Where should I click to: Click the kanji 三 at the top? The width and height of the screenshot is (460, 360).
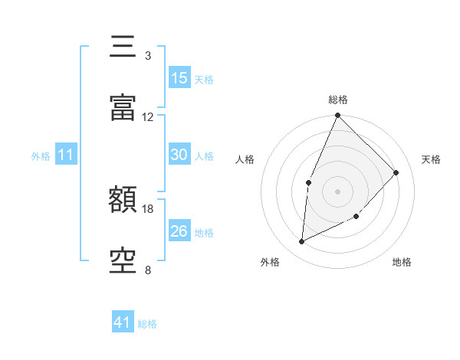point(123,47)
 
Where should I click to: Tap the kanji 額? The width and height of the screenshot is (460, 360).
point(123,201)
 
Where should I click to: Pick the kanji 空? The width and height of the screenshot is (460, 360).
point(123,262)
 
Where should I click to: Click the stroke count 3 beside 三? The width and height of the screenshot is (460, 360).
point(148,56)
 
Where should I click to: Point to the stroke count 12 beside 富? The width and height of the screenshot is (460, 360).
point(148,117)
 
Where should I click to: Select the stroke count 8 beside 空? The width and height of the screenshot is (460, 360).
point(148,270)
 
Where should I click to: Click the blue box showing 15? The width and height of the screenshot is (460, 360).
point(179,78)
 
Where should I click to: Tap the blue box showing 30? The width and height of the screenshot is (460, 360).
point(179,155)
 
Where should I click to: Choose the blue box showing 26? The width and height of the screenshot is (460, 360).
point(179,231)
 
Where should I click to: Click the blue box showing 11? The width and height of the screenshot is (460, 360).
point(66,155)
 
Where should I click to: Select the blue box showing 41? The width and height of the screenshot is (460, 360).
point(123,322)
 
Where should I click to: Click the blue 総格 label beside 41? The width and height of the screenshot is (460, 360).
point(147,324)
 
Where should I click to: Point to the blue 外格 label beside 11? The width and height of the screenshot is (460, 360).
point(41,156)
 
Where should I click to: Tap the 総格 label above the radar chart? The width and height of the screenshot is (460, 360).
point(338,100)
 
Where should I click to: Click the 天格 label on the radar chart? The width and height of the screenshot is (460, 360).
point(432,159)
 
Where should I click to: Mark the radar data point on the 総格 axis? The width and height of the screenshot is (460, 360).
point(337,116)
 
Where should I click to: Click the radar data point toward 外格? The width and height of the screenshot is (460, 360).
point(302,241)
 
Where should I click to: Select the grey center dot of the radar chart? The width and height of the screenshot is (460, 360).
point(337,191)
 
